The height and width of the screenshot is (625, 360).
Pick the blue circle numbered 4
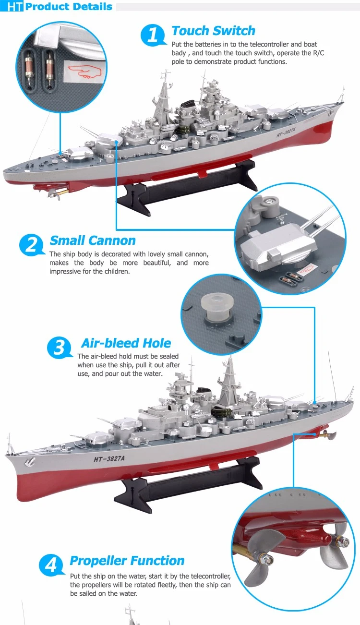coord(51,565)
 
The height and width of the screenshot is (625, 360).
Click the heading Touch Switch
coord(213,31)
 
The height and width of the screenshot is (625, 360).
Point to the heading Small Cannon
coord(93,240)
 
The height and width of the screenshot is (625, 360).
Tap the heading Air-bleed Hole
coord(126,343)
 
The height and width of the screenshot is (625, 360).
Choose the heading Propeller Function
coord(127,561)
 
